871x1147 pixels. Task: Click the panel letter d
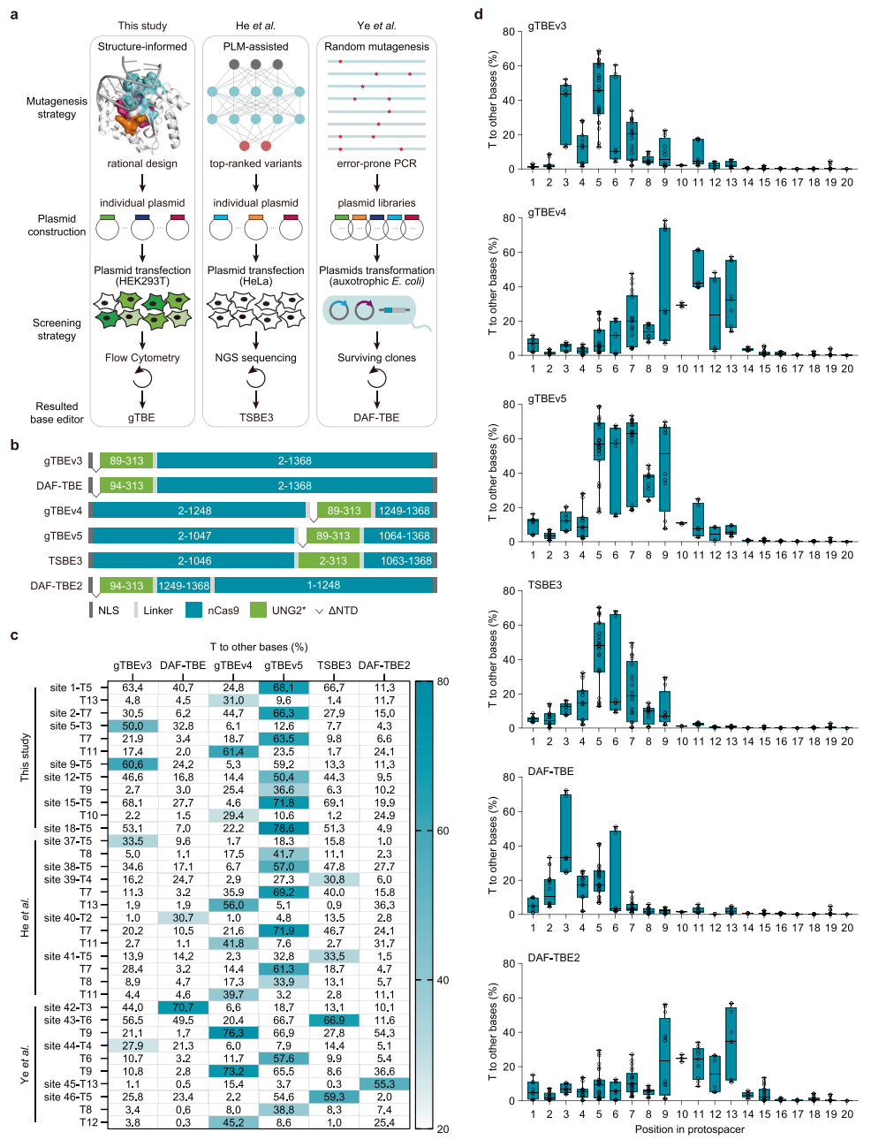pyautogui.click(x=479, y=14)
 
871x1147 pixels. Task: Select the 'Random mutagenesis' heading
pyautogui.click(x=376, y=47)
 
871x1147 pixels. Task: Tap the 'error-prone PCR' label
pyautogui.click(x=376, y=163)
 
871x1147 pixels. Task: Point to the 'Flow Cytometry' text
pyautogui.click(x=142, y=358)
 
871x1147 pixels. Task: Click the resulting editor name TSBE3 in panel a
pyautogui.click(x=256, y=418)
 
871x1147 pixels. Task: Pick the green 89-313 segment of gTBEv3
pyautogui.click(x=126, y=460)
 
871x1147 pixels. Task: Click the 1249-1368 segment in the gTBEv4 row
pyautogui.click(x=404, y=511)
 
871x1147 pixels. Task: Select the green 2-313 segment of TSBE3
pyautogui.click(x=332, y=560)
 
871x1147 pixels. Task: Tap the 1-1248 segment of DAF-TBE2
pyautogui.click(x=323, y=585)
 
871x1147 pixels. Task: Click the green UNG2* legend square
pyautogui.click(x=258, y=610)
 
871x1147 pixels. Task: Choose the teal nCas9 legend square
pyautogui.click(x=194, y=610)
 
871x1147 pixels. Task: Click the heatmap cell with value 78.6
pyautogui.click(x=284, y=828)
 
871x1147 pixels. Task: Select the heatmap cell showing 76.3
pyautogui.click(x=233, y=1033)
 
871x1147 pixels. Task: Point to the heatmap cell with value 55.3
pyautogui.click(x=384, y=1084)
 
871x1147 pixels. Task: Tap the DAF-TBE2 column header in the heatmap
pyautogui.click(x=384, y=665)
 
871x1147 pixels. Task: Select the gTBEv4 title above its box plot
pyautogui.click(x=547, y=212)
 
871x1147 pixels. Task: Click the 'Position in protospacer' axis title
pyautogui.click(x=689, y=1129)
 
